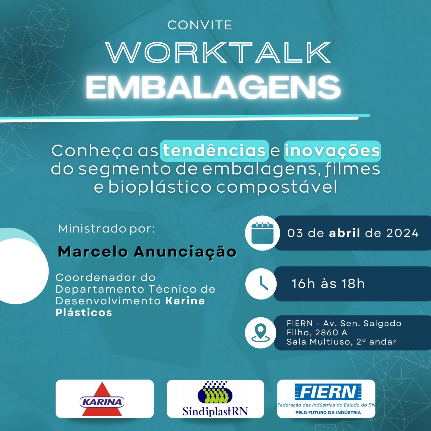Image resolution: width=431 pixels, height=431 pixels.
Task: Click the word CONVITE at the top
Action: (200, 25)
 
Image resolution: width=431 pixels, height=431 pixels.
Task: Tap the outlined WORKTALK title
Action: (218, 53)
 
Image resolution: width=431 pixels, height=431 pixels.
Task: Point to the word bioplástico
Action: (160, 187)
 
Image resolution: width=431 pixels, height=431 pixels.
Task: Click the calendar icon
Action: (262, 233)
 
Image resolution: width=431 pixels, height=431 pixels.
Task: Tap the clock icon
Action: (261, 284)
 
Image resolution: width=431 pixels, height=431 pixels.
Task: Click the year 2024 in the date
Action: (402, 233)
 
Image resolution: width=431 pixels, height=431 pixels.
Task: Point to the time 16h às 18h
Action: (328, 284)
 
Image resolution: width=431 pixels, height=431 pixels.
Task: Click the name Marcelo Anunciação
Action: (147, 252)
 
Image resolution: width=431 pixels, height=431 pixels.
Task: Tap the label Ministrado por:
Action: (107, 229)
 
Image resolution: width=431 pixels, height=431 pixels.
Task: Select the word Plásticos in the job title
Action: (84, 312)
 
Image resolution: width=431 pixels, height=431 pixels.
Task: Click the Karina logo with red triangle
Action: (102, 399)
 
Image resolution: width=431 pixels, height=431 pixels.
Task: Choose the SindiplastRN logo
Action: (215, 399)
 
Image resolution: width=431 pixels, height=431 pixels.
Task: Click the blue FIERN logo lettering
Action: (328, 392)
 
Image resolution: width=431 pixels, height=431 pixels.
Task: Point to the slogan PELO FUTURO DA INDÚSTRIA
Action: (328, 412)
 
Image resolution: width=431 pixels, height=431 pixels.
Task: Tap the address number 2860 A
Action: (331, 333)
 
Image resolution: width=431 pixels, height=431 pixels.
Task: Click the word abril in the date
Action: (345, 233)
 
